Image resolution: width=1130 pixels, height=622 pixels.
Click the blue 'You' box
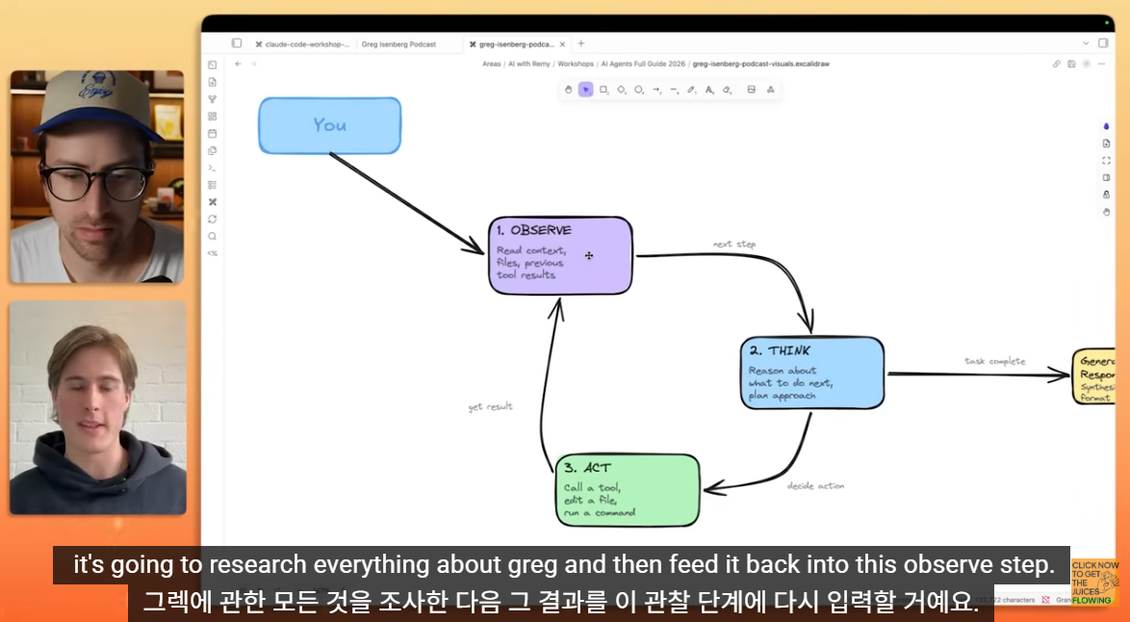pyautogui.click(x=329, y=125)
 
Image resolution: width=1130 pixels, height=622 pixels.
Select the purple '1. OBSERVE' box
pyautogui.click(x=560, y=255)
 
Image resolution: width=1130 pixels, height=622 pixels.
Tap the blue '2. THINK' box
pyautogui.click(x=811, y=373)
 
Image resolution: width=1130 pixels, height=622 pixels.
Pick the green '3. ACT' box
pyautogui.click(x=628, y=489)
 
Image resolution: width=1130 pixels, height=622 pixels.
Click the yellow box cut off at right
pyautogui.click(x=1094, y=376)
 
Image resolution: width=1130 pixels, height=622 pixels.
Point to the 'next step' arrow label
pyautogui.click(x=734, y=245)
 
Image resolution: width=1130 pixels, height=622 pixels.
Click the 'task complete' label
pyautogui.click(x=994, y=362)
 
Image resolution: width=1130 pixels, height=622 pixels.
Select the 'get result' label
pyautogui.click(x=490, y=407)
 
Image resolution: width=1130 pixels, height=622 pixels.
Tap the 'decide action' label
pyautogui.click(x=815, y=486)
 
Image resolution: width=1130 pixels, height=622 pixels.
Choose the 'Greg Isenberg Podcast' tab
pyautogui.click(x=398, y=44)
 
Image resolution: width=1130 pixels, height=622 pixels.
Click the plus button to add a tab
pyautogui.click(x=580, y=43)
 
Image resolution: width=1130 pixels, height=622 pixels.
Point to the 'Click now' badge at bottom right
pyautogui.click(x=1095, y=583)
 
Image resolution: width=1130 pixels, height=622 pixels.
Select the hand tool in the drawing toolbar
pyautogui.click(x=569, y=90)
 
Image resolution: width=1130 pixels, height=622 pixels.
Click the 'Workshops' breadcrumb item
pyautogui.click(x=576, y=64)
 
